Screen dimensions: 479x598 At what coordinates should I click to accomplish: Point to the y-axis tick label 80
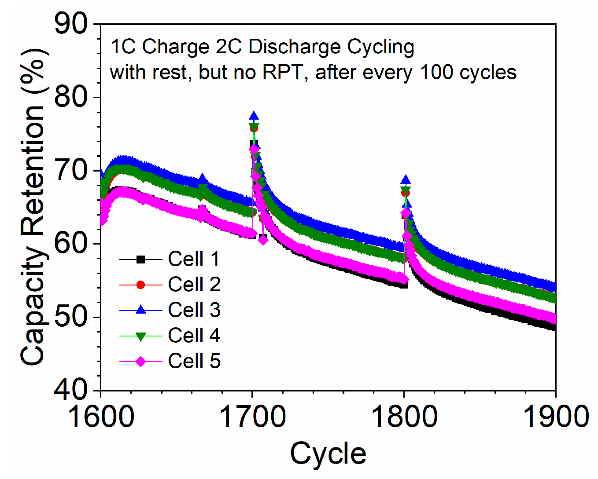click(x=71, y=97)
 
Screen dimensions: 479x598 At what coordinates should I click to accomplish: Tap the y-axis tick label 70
click(x=71, y=170)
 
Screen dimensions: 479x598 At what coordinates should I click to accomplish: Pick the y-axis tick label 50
click(x=71, y=317)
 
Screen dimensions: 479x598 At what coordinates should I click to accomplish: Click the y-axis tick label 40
click(x=71, y=390)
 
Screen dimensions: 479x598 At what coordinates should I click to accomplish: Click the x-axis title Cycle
click(x=328, y=453)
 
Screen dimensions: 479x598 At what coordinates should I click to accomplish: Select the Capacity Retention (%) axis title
click(x=33, y=207)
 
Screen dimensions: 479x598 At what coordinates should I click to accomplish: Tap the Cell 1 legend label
click(x=194, y=259)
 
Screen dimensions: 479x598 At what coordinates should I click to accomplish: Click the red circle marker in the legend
click(x=140, y=285)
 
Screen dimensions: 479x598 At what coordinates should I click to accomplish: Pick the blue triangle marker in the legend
click(x=140, y=310)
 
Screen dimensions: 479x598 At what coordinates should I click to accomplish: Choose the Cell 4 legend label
click(x=194, y=336)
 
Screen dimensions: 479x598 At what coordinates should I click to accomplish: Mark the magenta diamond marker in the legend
click(x=140, y=362)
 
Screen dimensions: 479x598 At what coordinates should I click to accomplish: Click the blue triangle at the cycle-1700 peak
click(x=254, y=117)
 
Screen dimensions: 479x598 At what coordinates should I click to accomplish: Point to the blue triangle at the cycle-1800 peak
click(x=406, y=180)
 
